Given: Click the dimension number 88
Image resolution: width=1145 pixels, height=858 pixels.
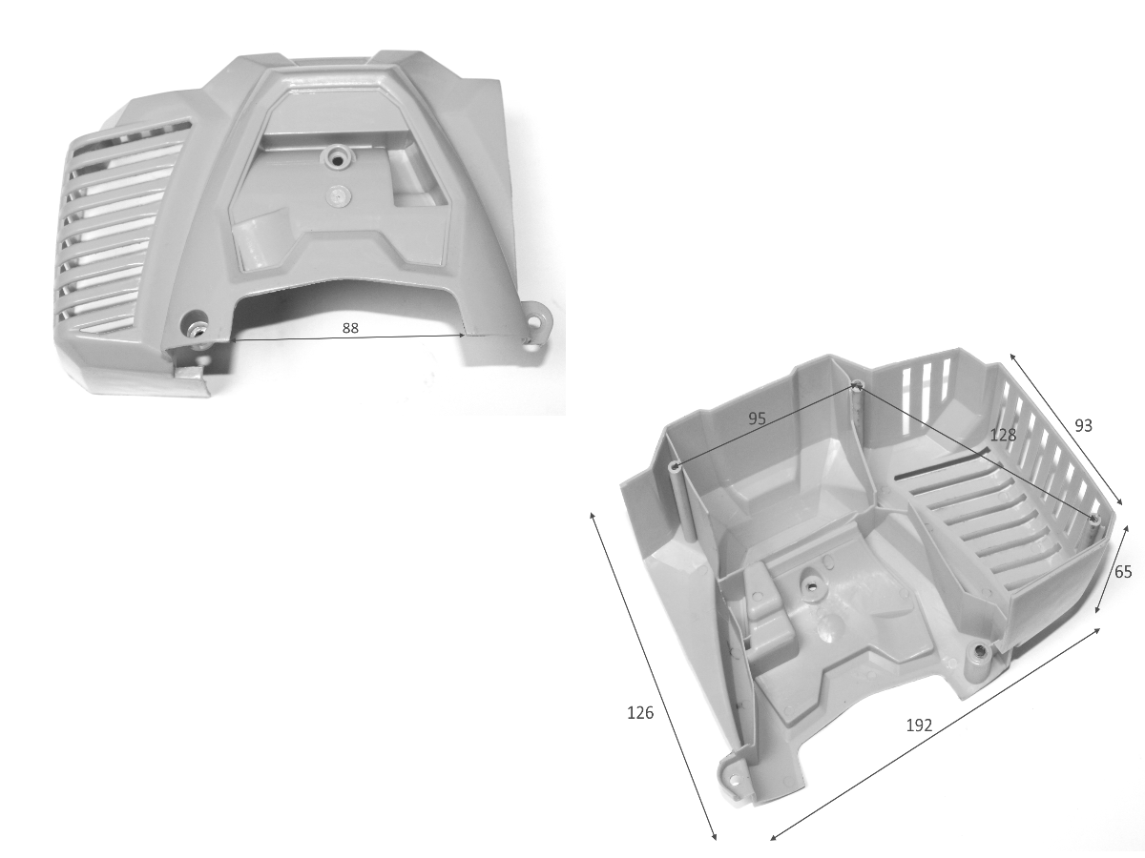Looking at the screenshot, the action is click(350, 328).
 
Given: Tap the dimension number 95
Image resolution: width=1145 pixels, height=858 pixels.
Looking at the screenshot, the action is click(757, 419).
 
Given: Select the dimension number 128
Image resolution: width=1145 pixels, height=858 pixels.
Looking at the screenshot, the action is click(1003, 435).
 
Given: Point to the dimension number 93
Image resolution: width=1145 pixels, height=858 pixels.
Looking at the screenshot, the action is click(1083, 425).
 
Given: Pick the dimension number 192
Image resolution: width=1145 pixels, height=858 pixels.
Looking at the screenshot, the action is click(919, 725).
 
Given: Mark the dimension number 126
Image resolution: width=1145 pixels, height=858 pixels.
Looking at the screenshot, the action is click(640, 713).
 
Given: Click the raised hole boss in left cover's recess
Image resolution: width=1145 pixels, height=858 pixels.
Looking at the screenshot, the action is click(336, 156).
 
